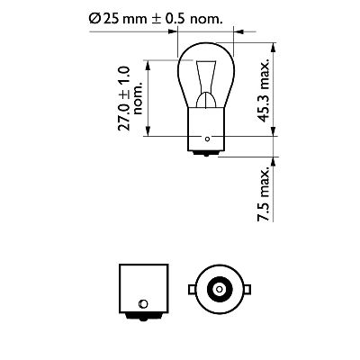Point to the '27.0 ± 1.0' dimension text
point(124,96)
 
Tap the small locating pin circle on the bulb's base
point(208,139)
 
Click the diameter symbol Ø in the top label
point(95,16)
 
